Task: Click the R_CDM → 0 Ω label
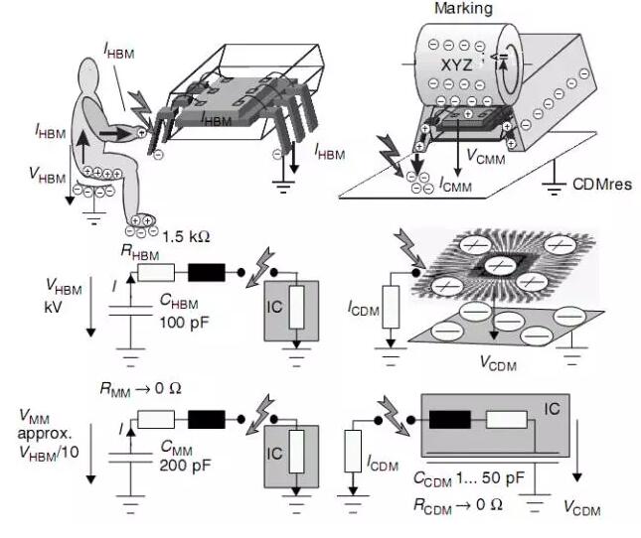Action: point(468,503)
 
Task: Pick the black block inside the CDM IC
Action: point(448,419)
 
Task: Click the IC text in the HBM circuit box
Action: point(275,305)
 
